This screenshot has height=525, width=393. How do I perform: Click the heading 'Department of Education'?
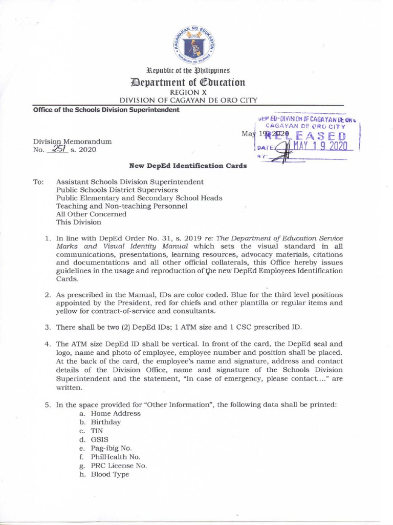tap(196, 82)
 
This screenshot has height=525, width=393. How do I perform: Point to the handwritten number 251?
tap(53, 149)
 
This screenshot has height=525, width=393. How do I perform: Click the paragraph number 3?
tap(47, 327)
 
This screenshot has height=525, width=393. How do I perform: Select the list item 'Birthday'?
tap(106, 422)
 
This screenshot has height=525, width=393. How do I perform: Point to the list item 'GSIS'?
tap(99, 439)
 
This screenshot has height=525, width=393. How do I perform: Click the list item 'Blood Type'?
tap(110, 474)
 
